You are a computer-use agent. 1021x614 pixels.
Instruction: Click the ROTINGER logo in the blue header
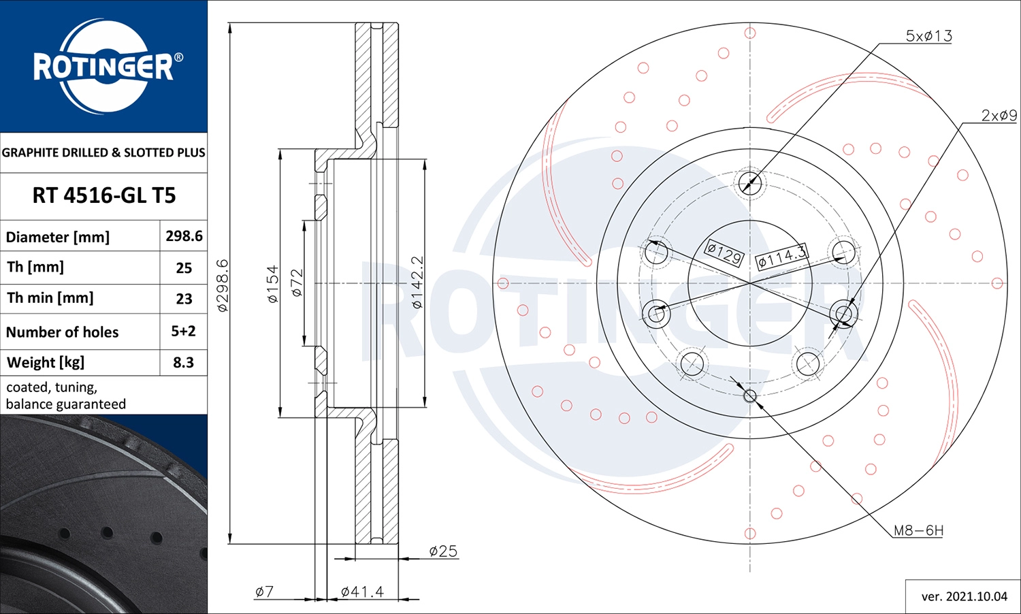tap(103, 66)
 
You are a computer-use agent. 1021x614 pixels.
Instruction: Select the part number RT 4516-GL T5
tap(103, 196)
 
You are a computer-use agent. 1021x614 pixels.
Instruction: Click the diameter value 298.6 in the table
tap(184, 236)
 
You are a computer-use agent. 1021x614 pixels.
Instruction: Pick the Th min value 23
tap(184, 299)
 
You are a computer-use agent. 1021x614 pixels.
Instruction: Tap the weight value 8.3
tap(183, 363)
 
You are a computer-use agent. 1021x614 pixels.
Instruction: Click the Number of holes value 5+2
tap(183, 332)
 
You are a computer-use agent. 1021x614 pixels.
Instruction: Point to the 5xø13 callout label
tap(928, 36)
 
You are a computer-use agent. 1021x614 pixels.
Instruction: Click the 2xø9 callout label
tap(999, 116)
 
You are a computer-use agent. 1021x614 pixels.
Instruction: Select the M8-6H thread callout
tap(918, 530)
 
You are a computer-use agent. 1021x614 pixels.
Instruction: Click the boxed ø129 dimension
tap(724, 253)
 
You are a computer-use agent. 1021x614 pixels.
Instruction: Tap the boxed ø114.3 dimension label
tap(782, 257)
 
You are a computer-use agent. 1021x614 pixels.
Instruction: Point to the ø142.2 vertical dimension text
tap(417, 282)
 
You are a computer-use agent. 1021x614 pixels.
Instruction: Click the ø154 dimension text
tap(272, 284)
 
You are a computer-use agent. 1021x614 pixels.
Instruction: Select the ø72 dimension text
tap(296, 282)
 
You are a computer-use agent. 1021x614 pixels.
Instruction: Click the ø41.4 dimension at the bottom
tap(362, 592)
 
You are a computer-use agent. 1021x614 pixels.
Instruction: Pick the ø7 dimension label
tap(264, 592)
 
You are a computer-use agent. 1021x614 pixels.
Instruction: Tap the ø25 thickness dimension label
tap(443, 551)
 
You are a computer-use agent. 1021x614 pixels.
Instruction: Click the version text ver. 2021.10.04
tap(964, 596)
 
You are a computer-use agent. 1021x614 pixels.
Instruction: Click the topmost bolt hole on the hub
tap(750, 182)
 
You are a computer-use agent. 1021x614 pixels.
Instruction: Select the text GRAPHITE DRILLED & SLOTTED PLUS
tap(103, 152)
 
